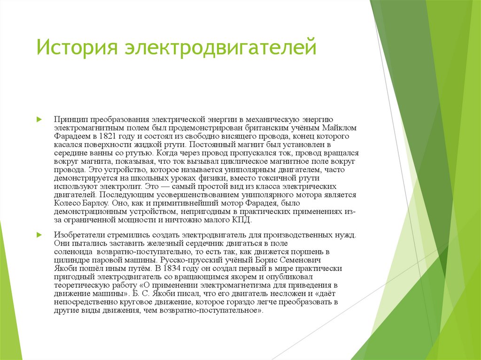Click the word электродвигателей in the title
220,48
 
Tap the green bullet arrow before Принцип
40,120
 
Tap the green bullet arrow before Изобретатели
40,234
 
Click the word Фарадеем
70,136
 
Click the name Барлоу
96,203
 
